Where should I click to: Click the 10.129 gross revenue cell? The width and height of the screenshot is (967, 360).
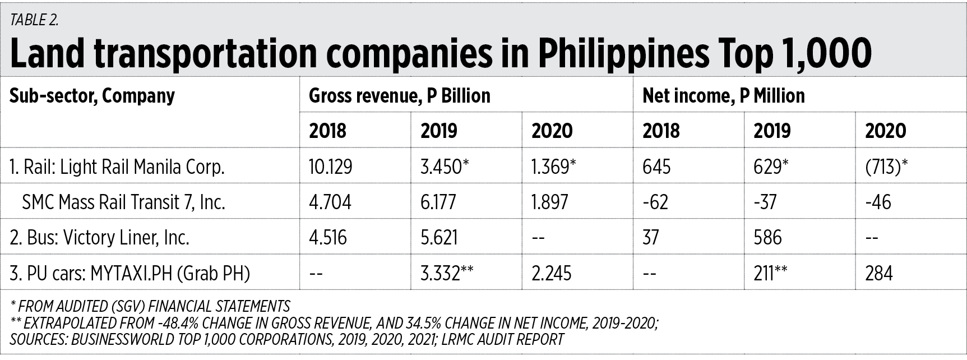point(331,167)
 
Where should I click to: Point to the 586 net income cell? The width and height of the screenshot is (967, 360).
point(768,237)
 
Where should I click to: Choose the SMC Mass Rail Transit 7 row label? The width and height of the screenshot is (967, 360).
point(123,202)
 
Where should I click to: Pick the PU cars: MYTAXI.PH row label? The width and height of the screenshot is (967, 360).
point(129,273)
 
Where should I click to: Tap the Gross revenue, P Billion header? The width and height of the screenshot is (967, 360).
point(399,96)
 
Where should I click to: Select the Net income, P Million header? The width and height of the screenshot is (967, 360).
point(723,96)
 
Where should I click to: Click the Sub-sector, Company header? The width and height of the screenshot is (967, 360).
point(92,96)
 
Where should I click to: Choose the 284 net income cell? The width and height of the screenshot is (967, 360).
point(879,273)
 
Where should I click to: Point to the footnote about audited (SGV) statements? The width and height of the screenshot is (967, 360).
point(150,306)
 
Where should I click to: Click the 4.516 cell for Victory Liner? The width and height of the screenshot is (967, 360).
point(328,237)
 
